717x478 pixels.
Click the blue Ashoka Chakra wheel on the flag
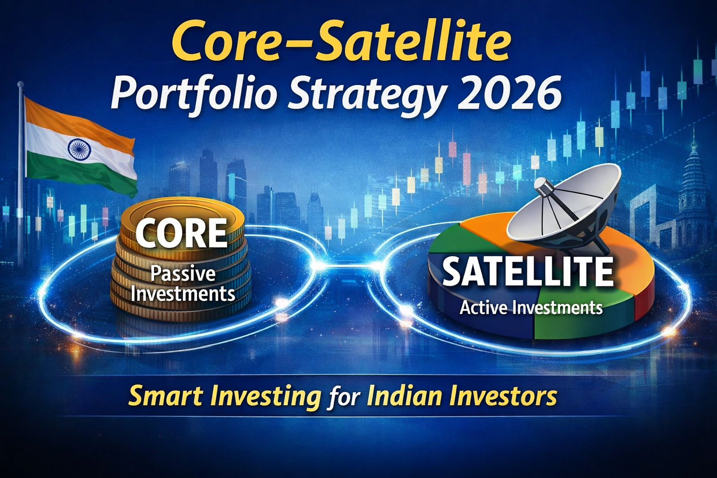pos(79,149)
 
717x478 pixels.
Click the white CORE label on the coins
pos(181,233)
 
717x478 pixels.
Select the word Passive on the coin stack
pos(183,274)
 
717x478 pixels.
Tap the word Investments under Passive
pos(183,294)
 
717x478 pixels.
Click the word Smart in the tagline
pos(166,396)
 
